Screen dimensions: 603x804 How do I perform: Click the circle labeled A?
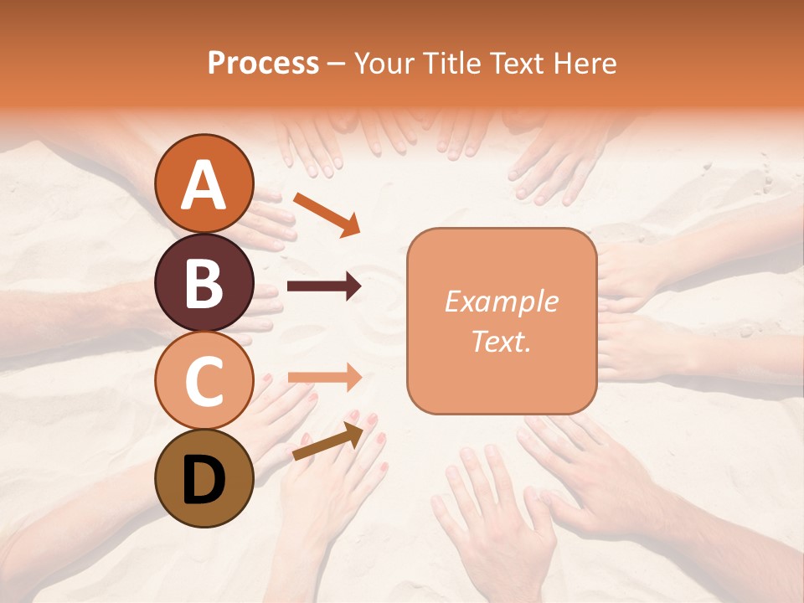(204, 183)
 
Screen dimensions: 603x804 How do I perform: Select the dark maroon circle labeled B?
(204, 282)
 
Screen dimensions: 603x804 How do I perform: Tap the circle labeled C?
(204, 380)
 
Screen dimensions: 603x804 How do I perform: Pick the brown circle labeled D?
(204, 478)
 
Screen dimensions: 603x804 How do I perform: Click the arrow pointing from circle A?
(326, 214)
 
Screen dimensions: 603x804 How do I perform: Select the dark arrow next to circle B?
(324, 287)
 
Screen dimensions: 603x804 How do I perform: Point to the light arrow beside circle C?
(324, 378)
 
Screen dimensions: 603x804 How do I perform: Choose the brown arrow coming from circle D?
(327, 441)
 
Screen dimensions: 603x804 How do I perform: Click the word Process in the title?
(263, 64)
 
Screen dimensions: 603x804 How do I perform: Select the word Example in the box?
(501, 302)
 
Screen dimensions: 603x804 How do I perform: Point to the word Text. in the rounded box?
(501, 342)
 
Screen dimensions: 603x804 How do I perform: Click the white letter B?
(204, 283)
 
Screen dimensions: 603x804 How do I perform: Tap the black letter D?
(204, 480)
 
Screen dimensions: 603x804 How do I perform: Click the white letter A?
(204, 186)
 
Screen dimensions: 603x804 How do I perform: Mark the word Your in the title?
(382, 64)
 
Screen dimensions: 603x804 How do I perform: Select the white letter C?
(204, 381)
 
